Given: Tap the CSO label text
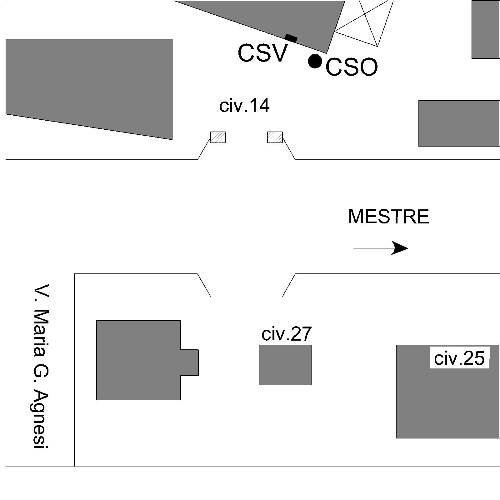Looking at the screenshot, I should coord(352,67).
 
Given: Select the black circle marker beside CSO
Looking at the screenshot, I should coord(315,61).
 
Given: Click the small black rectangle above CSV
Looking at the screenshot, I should coord(291,38).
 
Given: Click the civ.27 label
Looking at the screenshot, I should coord(286,334).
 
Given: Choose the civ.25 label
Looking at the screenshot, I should coord(459,358).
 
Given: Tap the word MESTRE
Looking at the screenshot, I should coord(388,217).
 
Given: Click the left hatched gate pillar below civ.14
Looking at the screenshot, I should coord(218,137).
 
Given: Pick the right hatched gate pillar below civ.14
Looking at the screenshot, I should coord(275,137).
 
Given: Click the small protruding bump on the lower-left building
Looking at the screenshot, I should coord(190,362).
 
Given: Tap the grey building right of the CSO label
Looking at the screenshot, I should coord(459,123).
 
